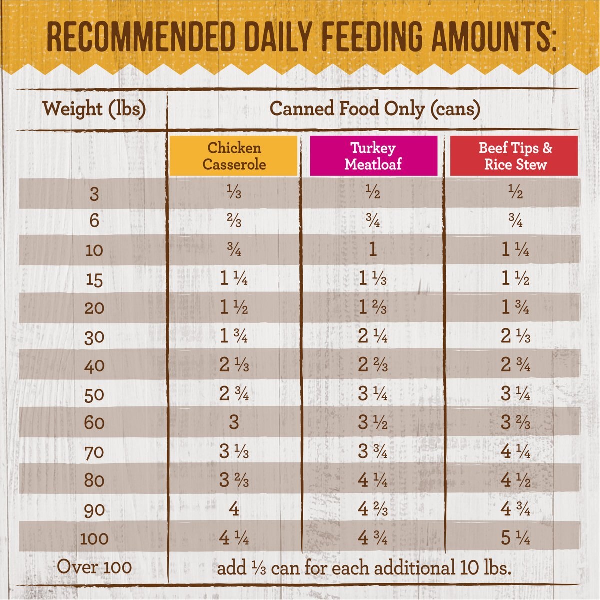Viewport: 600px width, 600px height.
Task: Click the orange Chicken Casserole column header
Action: [234, 156]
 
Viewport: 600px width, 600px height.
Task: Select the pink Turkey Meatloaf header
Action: [373, 156]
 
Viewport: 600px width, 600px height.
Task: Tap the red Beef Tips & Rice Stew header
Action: [515, 156]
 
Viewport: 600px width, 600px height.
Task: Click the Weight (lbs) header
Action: [94, 108]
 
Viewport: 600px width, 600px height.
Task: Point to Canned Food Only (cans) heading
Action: [375, 108]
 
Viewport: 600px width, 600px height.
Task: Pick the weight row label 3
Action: [94, 193]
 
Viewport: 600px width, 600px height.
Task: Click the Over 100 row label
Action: [94, 567]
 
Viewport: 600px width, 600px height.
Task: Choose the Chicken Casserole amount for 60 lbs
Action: [234, 423]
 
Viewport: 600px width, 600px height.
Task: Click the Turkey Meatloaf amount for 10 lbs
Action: [373, 249]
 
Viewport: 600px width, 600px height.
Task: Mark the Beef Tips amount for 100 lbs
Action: [515, 538]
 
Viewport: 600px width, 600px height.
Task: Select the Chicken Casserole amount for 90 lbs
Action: [234, 509]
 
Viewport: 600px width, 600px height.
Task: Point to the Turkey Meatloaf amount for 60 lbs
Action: [373, 423]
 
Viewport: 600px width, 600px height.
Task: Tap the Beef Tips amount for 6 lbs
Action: [515, 221]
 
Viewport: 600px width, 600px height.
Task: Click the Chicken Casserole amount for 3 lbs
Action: [234, 193]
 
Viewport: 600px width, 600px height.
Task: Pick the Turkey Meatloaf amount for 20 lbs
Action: [373, 307]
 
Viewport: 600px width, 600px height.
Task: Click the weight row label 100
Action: [94, 538]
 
